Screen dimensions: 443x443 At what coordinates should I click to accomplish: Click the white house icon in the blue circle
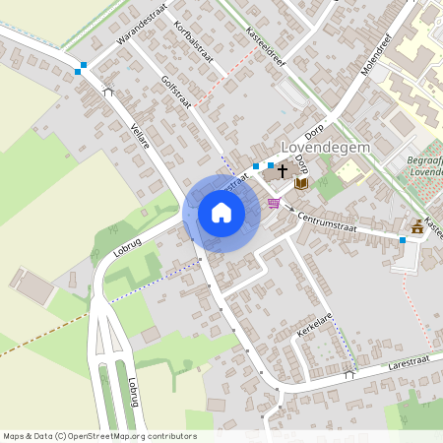pyautogui.click(x=221, y=213)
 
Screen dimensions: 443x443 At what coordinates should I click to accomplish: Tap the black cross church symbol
pyautogui.click(x=283, y=171)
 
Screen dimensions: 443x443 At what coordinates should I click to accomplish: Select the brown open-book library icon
pyautogui.click(x=302, y=183)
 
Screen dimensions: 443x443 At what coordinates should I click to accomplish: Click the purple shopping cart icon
pyautogui.click(x=274, y=203)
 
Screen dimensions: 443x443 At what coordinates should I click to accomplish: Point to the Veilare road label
pyautogui.click(x=139, y=135)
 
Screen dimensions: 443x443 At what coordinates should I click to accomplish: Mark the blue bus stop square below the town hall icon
pyautogui.click(x=403, y=240)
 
